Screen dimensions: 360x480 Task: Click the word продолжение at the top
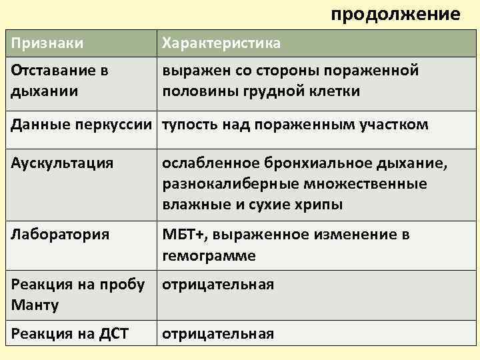(395, 14)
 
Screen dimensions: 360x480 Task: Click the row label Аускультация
(62, 163)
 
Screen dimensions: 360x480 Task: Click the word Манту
(35, 305)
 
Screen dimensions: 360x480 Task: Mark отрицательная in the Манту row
(218, 285)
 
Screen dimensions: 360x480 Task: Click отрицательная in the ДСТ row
(218, 334)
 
